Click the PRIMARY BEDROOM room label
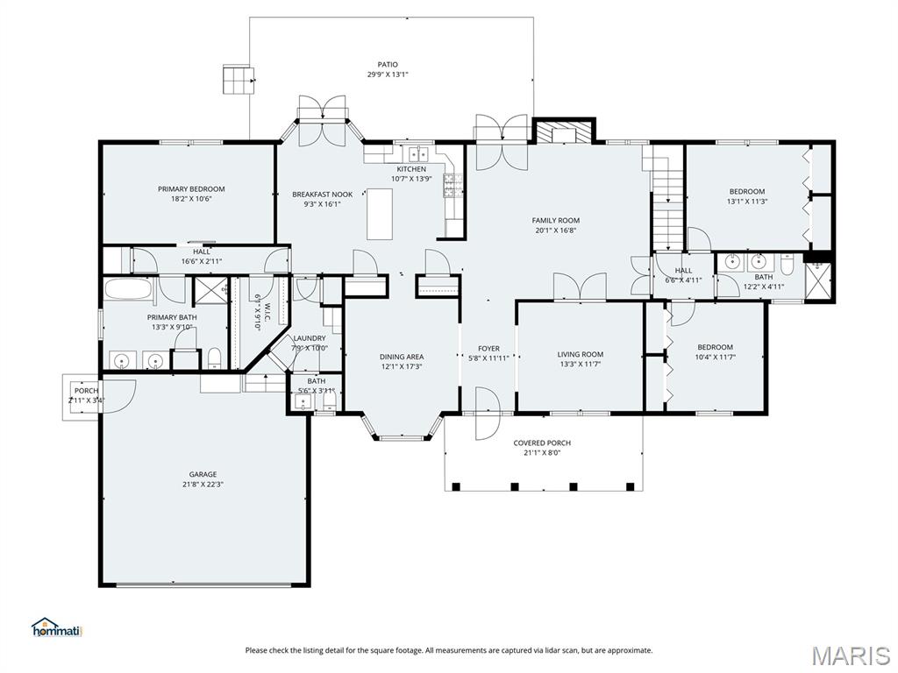(191, 188)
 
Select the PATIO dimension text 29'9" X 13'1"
(387, 74)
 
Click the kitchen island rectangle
(379, 213)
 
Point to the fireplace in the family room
(563, 132)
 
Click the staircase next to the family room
(667, 200)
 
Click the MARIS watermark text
(850, 655)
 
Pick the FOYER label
(488, 348)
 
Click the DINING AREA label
(401, 356)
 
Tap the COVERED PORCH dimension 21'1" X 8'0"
(541, 453)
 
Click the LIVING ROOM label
(580, 354)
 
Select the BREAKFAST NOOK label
(322, 194)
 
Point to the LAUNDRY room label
(310, 337)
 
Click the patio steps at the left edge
(238, 79)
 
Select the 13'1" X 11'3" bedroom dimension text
(746, 202)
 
